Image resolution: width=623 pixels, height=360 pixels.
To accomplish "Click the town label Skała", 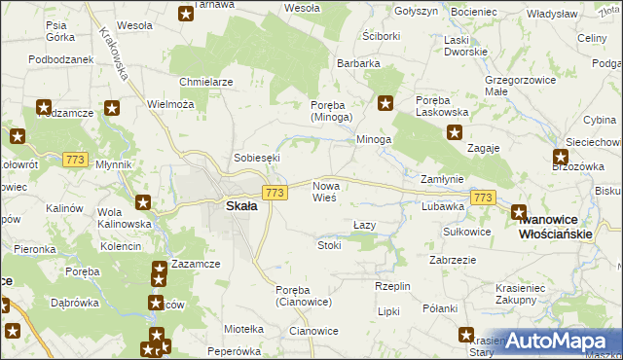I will pyautogui.click(x=241, y=206).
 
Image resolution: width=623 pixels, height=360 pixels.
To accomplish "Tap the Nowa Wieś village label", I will pyautogui.click(x=324, y=191).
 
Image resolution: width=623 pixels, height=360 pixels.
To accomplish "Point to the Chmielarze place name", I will pyautogui.click(x=205, y=82).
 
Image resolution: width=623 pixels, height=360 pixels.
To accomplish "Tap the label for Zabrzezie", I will pyautogui.click(x=453, y=260).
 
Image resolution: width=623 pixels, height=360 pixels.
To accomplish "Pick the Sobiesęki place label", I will pyautogui.click(x=257, y=157).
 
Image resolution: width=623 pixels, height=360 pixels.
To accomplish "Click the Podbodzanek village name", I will pyautogui.click(x=60, y=58).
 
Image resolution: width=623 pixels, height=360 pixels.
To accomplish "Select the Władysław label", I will pyautogui.click(x=553, y=15).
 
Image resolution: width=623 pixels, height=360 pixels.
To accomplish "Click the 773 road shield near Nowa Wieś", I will pyautogui.click(x=275, y=194).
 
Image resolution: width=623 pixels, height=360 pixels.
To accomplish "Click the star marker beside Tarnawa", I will pyautogui.click(x=186, y=14).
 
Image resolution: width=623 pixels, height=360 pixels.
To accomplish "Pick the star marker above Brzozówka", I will pyautogui.click(x=562, y=157).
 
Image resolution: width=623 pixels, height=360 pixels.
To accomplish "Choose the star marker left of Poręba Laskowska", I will pyautogui.click(x=385, y=101).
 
